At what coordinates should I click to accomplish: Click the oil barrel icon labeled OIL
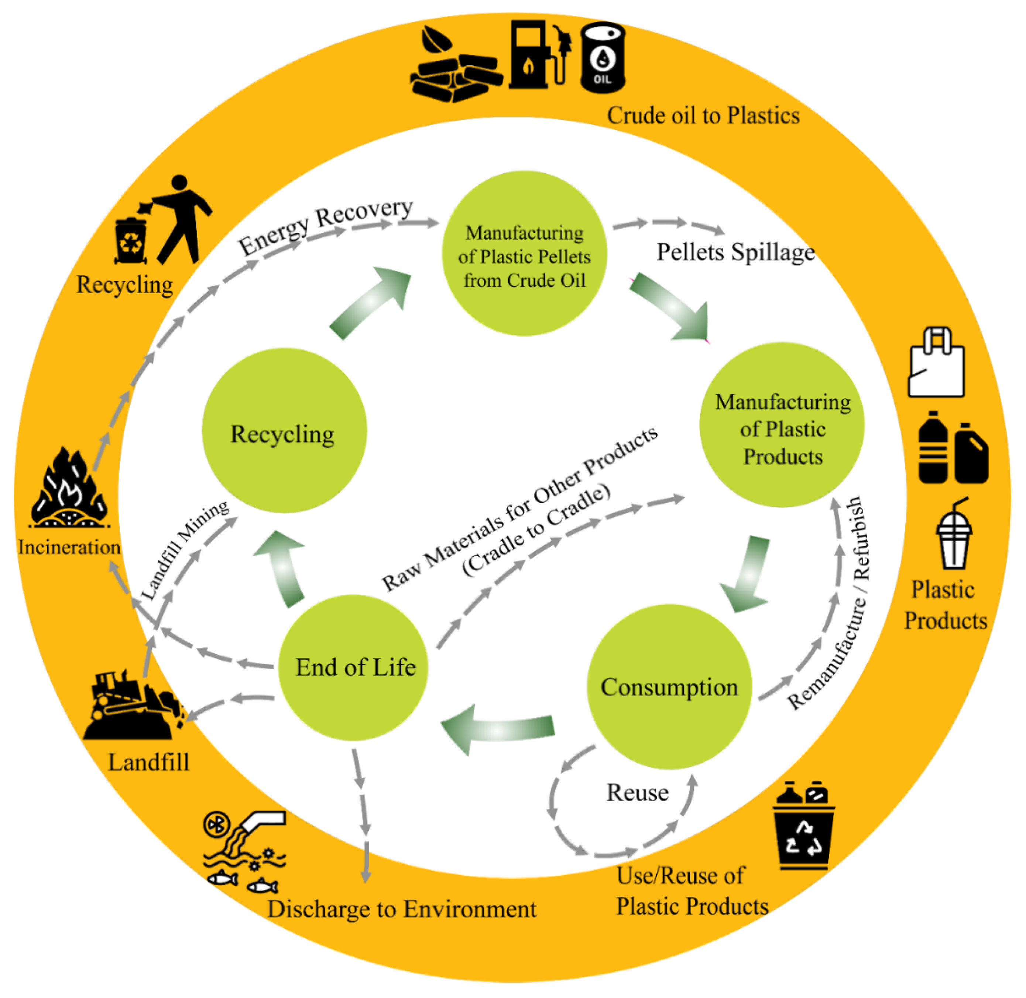click(603, 58)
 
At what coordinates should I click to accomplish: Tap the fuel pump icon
click(537, 55)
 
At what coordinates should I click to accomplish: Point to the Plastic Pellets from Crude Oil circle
click(524, 254)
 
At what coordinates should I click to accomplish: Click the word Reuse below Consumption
click(637, 793)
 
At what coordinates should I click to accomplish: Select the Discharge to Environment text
click(402, 909)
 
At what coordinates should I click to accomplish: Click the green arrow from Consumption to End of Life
click(498, 729)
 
